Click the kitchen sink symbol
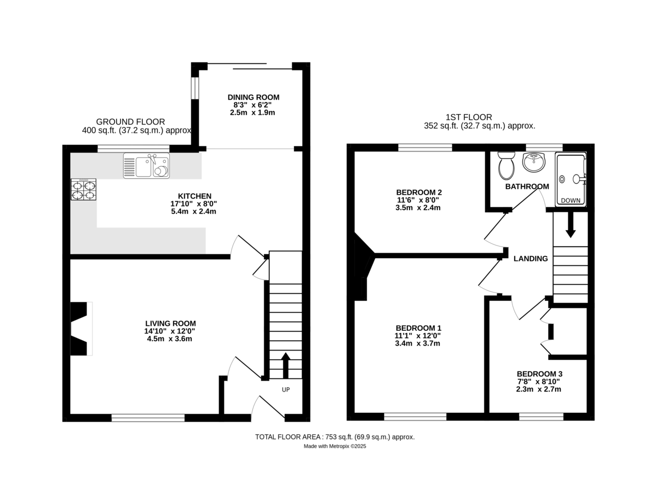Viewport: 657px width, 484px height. pos(146,166)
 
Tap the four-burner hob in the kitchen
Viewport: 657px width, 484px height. pos(83,189)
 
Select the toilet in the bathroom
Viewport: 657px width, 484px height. pos(506,165)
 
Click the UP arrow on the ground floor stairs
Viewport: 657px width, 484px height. pos(285,365)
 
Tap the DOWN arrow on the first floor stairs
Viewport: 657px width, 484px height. pos(570,225)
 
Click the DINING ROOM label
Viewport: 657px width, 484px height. pos(250,97)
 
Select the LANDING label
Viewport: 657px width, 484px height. pos(531,259)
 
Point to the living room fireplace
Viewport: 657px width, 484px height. pos(80,328)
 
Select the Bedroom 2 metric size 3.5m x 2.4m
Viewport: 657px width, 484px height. pos(418,208)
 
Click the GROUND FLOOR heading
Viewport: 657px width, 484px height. pos(130,121)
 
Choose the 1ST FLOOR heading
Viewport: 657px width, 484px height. pos(469,117)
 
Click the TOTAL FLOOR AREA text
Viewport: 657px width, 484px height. pos(335,437)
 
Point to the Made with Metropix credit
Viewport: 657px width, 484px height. pos(335,446)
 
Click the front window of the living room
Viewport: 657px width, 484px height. pos(148,418)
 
